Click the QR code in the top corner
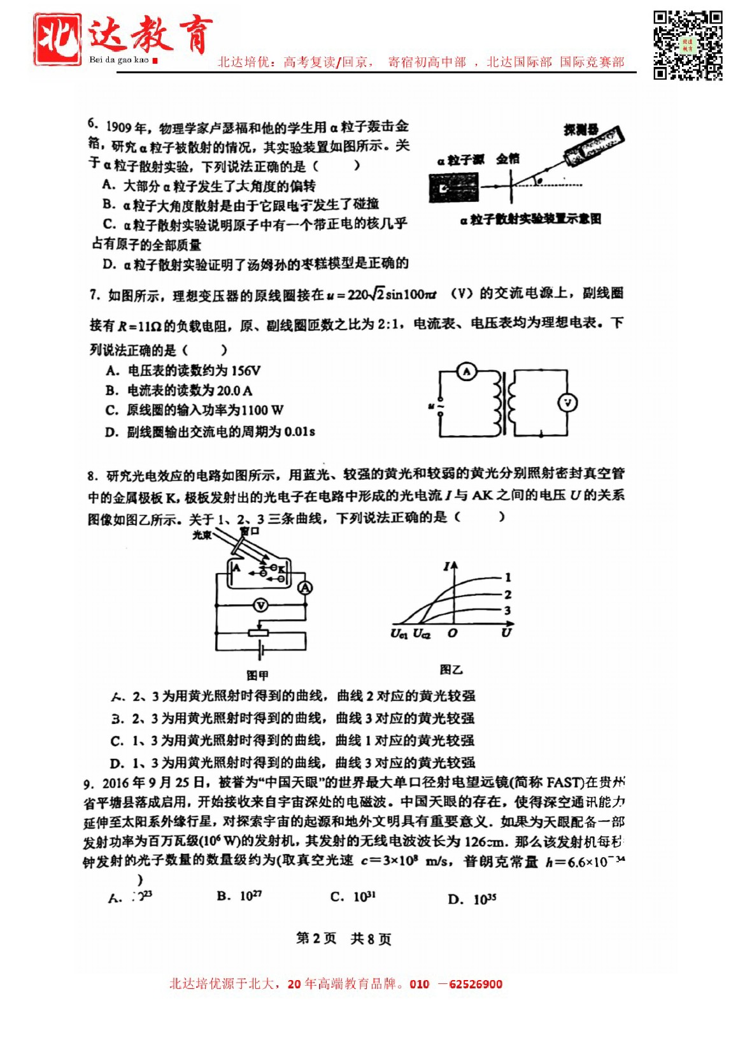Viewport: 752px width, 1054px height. tap(687, 45)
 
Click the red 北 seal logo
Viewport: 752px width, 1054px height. tap(57, 40)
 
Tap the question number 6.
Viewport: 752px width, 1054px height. tap(93, 124)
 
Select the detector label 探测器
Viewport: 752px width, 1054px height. tap(580, 130)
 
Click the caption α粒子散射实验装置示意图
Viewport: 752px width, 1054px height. tap(530, 220)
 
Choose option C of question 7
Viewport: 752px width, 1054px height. tap(194, 410)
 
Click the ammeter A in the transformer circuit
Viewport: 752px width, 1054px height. tap(467, 372)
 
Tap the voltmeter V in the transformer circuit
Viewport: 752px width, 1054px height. tap(567, 403)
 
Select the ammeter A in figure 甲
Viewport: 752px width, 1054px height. tap(306, 588)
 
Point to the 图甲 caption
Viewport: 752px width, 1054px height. tap(257, 675)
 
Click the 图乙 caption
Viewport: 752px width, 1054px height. tap(451, 670)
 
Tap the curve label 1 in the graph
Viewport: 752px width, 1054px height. tap(507, 577)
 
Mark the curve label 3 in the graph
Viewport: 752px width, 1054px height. tap(507, 610)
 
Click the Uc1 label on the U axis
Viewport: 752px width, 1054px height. tap(399, 633)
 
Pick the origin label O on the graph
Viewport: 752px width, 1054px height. tap(452, 633)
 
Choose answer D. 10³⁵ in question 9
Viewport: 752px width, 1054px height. tap(472, 899)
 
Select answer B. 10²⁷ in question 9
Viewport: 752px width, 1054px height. tap(239, 897)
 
